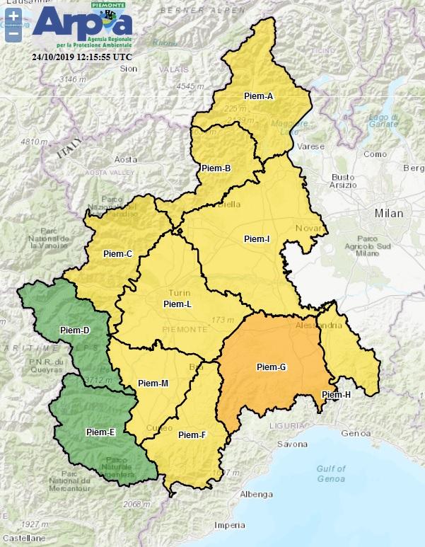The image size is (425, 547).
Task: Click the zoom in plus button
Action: coord(13,16)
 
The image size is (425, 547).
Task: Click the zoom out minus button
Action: coord(13,33)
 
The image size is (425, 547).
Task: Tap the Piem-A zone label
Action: coord(260,97)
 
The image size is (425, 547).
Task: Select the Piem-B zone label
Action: coord(216,168)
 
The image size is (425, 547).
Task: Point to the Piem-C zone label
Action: coord(118,253)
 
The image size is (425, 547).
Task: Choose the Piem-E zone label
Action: coord(100,432)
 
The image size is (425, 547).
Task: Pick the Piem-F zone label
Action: coord(192,434)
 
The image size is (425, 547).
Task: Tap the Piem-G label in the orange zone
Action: coord(271,367)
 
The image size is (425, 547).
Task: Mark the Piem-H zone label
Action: coord(336,394)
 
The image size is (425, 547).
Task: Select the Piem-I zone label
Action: coord(256,239)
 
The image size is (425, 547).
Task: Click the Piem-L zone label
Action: coord(177,304)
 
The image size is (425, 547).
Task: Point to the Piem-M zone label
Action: coord(153,384)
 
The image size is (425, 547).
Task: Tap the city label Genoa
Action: coord(351,432)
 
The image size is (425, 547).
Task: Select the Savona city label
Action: coord(292,444)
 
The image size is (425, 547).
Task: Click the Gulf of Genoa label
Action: coord(332,473)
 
